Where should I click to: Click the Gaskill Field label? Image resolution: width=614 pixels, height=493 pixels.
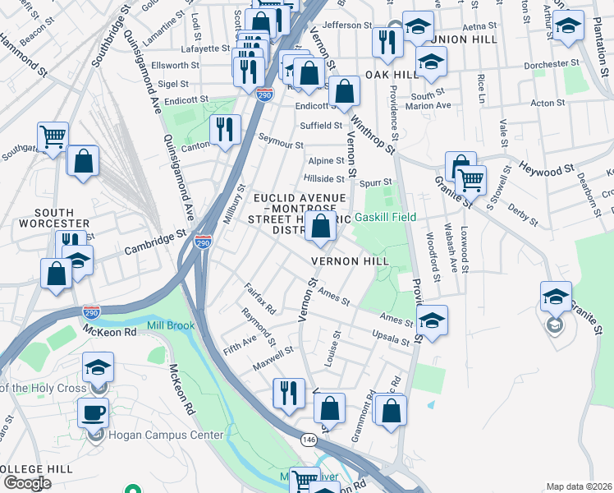(x=385, y=218)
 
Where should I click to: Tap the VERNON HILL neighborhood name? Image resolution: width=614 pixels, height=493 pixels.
(x=349, y=261)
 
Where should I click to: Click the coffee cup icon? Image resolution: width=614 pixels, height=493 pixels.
(x=93, y=412)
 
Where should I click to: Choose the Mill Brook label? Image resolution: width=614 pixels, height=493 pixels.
(x=171, y=326)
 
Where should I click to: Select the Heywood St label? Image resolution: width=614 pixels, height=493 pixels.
(x=547, y=170)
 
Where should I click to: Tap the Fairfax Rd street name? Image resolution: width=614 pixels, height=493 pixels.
(x=259, y=298)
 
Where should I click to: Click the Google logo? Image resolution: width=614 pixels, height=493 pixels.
(x=27, y=482)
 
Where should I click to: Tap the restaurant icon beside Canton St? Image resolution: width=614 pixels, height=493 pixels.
(x=223, y=130)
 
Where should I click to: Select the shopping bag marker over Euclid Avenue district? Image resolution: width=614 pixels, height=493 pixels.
(x=322, y=227)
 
